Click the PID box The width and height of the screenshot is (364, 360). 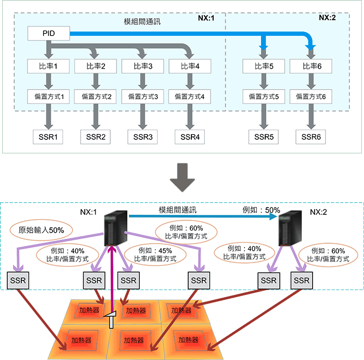[48, 34]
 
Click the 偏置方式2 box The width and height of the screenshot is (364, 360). [96, 96]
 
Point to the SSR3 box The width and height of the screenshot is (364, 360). [142, 137]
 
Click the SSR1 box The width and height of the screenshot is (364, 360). [48, 137]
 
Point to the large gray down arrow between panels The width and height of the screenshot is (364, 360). [182, 177]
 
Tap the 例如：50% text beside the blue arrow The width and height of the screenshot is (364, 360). [262, 210]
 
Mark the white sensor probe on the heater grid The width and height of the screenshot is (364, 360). [110, 319]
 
